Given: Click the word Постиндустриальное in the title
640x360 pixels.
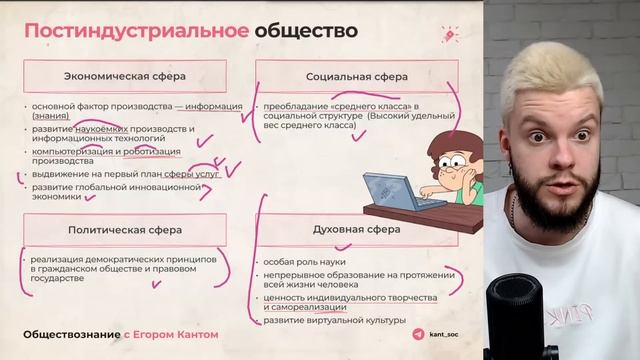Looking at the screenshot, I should click(x=136, y=30).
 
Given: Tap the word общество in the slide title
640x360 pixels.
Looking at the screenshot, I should click(x=306, y=30).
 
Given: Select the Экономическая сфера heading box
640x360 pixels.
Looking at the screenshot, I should click(x=125, y=76).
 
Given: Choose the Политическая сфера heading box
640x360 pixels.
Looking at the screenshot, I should click(x=125, y=229).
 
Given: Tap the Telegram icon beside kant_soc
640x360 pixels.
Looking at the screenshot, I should click(x=418, y=334).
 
